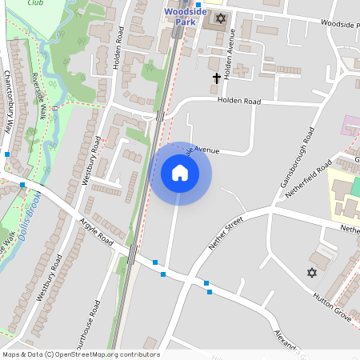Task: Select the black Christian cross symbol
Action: tap(216, 78)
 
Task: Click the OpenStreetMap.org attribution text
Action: tap(112, 354)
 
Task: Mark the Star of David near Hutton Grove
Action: tap(312, 273)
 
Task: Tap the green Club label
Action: tap(35, 3)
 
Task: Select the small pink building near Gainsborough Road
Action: tap(351, 125)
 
